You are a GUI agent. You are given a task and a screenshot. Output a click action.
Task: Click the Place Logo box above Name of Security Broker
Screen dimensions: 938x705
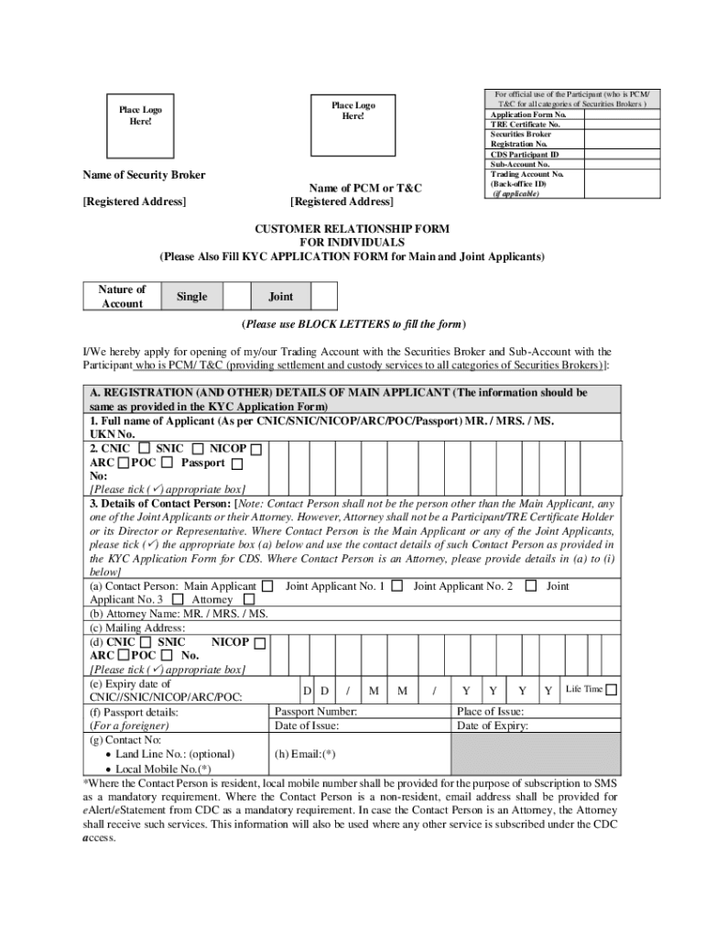(x=140, y=116)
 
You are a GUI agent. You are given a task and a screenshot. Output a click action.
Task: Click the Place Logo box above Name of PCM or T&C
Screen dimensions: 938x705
(x=352, y=112)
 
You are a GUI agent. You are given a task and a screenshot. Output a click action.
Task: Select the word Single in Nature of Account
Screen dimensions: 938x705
(x=191, y=297)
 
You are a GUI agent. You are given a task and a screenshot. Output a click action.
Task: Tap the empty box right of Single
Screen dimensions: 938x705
(x=237, y=297)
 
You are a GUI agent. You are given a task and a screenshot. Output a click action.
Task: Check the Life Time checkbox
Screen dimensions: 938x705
(x=611, y=690)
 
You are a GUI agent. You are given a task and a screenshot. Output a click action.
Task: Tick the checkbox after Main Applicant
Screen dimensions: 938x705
(x=267, y=586)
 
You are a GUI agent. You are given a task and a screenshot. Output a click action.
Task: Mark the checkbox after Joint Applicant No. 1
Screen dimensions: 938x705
(x=396, y=586)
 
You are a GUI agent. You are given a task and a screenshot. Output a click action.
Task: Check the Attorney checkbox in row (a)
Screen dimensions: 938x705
(x=249, y=600)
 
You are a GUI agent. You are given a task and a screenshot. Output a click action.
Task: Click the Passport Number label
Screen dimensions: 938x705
(x=316, y=713)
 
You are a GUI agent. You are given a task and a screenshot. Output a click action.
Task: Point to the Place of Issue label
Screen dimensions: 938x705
(x=491, y=713)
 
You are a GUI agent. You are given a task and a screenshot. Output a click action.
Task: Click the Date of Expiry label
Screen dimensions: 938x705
(x=493, y=726)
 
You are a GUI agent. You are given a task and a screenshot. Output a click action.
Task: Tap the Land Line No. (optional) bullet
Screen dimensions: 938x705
(x=175, y=755)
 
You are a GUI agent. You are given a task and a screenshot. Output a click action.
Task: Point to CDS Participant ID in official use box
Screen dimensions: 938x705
(x=524, y=155)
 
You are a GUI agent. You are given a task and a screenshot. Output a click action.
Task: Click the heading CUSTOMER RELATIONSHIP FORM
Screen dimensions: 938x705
(x=352, y=228)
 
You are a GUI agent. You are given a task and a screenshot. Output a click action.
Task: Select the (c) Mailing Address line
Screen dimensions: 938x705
(x=137, y=628)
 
